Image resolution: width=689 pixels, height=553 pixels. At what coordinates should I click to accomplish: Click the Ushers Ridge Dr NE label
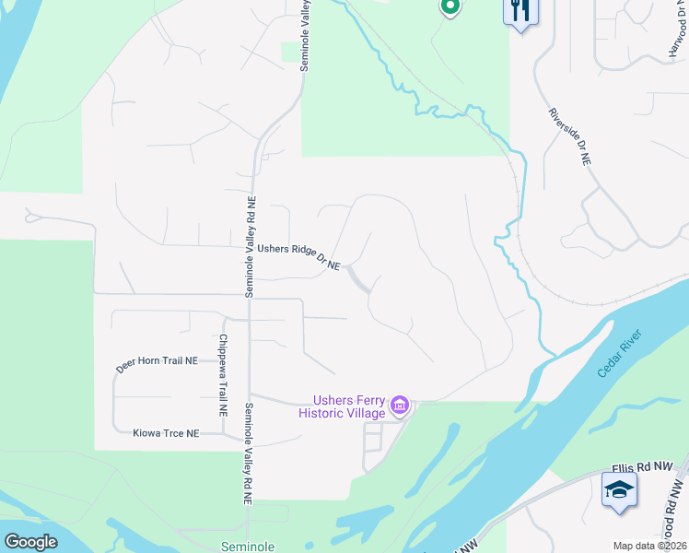298,256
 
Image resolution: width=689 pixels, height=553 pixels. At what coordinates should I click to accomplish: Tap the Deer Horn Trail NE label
158,364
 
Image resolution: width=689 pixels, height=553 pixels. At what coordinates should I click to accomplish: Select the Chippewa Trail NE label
222,373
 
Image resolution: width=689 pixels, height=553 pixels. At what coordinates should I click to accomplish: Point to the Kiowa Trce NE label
166,432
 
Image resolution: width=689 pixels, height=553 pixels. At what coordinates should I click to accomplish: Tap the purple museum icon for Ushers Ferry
399,405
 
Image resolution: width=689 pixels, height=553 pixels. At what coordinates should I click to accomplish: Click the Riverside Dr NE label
569,136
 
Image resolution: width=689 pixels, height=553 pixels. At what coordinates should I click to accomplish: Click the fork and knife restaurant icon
520,12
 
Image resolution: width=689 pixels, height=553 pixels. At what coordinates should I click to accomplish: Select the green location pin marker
449,7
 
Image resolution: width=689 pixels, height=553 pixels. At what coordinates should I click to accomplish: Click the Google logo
31,542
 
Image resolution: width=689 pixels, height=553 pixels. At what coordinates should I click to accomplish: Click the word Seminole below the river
248,547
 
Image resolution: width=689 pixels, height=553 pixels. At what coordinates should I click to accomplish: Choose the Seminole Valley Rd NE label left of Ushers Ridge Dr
249,246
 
